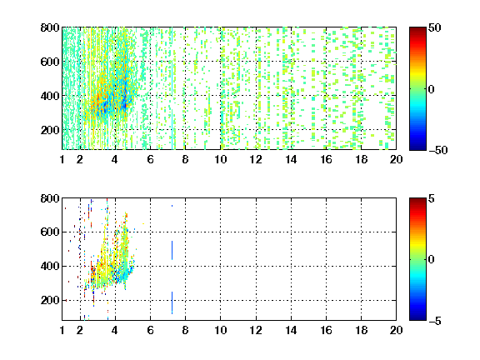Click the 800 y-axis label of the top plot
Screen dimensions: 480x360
(50, 27)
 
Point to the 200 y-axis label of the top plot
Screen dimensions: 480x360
(50, 130)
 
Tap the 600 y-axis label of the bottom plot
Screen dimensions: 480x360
(50, 232)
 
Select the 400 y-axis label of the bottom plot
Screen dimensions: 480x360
(50, 266)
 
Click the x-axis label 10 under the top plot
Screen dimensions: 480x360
(220, 159)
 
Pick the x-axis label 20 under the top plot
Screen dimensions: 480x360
(396, 159)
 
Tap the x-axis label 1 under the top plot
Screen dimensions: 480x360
(62, 159)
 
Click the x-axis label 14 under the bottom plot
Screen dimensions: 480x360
(291, 330)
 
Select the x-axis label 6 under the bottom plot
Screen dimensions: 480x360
(150, 330)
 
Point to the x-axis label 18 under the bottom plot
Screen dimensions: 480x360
(361, 330)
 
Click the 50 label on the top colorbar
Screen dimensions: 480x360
(435, 27)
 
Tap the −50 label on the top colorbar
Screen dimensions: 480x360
(438, 150)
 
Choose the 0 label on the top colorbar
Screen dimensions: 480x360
(431, 89)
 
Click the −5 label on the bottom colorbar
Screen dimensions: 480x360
(435, 321)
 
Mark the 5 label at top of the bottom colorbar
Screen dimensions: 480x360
(432, 198)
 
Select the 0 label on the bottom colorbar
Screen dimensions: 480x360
(431, 260)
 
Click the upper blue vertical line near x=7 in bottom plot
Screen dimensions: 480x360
(172, 250)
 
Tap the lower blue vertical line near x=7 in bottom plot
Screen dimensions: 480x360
(172, 302)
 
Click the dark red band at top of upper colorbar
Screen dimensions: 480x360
(417, 31)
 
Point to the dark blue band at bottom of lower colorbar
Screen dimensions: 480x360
(417, 317)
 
